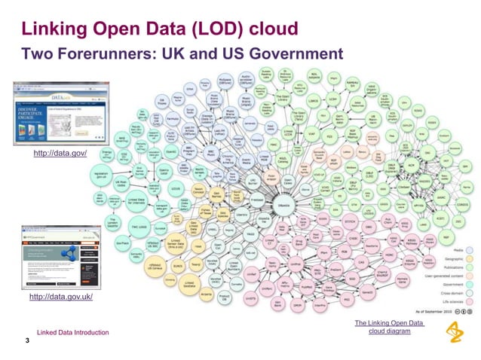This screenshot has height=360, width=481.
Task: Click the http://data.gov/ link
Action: tap(60, 154)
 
